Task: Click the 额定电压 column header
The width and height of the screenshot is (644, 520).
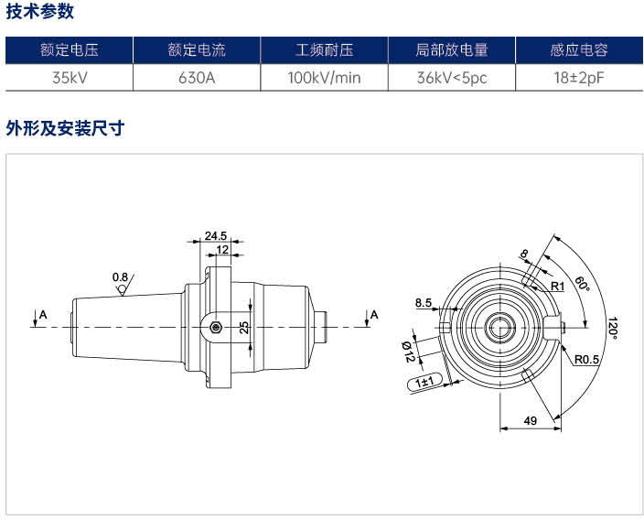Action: tap(69, 50)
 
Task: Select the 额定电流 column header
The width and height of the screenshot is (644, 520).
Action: tap(197, 50)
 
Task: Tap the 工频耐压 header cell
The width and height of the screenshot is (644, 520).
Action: tap(324, 50)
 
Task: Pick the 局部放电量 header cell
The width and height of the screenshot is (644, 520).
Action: tap(452, 50)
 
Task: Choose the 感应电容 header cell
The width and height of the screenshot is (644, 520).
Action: tap(579, 50)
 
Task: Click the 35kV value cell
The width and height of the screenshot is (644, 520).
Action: tap(70, 77)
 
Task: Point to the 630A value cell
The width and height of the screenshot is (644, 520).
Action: tap(197, 77)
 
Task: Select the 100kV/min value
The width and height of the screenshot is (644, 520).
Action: tap(324, 77)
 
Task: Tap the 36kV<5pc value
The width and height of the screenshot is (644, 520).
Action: tap(452, 77)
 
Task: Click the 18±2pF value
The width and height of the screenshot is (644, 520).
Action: tap(579, 77)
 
